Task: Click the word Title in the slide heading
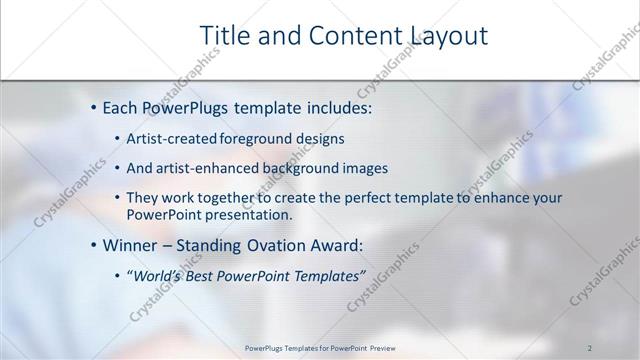pos(225,36)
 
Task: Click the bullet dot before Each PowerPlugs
pos(94,105)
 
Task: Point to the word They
pos(143,199)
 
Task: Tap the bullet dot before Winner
pos(94,245)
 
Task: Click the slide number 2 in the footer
pos(591,348)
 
